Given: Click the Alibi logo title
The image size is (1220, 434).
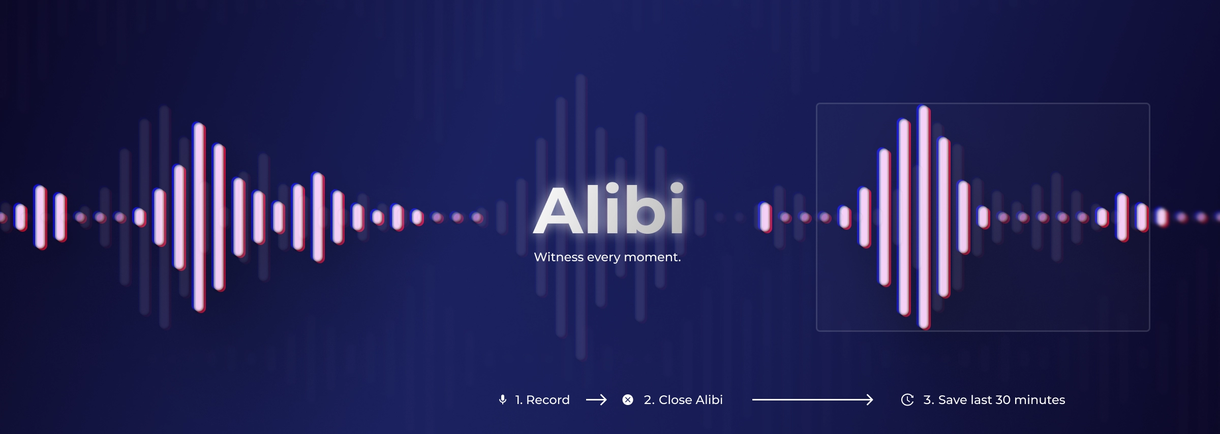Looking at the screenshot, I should click(x=608, y=210).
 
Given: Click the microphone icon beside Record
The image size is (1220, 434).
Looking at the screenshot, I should click(x=503, y=400).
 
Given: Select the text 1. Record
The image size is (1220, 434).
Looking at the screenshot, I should click(x=542, y=400).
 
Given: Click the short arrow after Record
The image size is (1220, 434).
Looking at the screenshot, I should click(x=596, y=400).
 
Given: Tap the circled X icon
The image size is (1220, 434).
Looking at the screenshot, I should click(x=628, y=400).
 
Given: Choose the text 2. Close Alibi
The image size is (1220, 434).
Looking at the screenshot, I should click(x=683, y=400).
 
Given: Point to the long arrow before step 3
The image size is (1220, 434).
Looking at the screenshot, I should click(x=812, y=400).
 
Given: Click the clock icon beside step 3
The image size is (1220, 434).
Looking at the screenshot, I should click(x=907, y=400).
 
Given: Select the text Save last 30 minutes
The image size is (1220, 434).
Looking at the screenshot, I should click(x=1001, y=400).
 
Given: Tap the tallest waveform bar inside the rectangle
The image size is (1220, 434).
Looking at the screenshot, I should click(x=924, y=218).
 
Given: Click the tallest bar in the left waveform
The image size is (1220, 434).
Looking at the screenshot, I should click(x=199, y=218).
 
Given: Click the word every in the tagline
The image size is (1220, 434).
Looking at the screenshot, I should click(x=603, y=257).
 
